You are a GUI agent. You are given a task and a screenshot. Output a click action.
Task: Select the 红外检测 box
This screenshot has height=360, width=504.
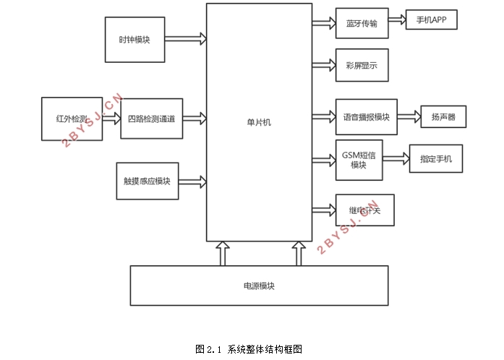pos(72,119)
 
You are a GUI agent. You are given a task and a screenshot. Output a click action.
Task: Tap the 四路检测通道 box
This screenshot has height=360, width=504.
pos(151,119)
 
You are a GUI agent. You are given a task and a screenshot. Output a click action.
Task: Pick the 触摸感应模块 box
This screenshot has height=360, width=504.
pos(147,181)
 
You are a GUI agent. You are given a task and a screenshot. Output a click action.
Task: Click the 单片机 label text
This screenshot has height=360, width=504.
pos(259,123)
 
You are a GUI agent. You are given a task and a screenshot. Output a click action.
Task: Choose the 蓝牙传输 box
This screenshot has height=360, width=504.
pos(362,23)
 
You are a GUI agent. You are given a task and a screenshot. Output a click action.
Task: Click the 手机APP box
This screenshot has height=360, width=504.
pos(432,21)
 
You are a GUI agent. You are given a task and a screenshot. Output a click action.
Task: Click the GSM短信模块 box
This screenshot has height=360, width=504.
pos(359,160)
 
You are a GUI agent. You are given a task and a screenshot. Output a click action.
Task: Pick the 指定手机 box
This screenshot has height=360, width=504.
pos(435,159)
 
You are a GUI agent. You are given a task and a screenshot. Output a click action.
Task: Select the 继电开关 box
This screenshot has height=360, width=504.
pos(365,210)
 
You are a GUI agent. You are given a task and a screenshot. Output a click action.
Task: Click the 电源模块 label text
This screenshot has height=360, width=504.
pos(259,286)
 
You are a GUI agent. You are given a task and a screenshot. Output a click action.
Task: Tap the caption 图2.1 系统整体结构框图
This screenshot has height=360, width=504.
pos(249,348)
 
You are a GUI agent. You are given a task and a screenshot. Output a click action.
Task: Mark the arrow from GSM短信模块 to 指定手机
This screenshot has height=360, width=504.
pos(396,160)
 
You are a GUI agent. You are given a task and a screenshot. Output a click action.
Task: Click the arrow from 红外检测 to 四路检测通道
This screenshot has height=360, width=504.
pos(111,119)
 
